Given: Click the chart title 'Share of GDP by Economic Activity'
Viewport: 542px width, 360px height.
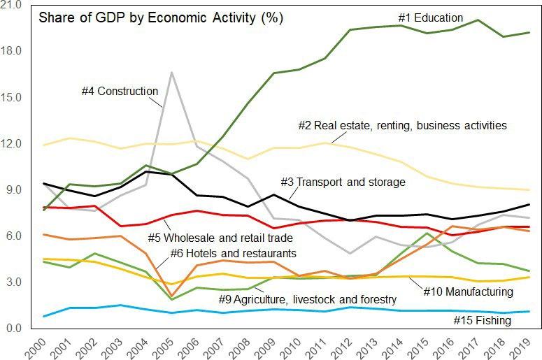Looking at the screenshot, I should pos(160,18).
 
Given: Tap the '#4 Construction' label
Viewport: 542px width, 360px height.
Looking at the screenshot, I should pos(120,91).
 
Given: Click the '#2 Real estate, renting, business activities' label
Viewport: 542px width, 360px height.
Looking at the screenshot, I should pos(402,126).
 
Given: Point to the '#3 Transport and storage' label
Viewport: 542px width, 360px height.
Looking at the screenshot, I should pos(343,182).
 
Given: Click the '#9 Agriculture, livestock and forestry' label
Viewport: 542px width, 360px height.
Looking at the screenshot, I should pos(307,299).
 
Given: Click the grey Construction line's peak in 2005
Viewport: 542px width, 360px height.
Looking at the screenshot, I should pos(171,72).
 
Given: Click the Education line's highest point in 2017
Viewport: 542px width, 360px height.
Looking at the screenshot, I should pos(478,20).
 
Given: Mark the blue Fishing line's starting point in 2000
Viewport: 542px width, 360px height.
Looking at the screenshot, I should pos(44,317).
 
